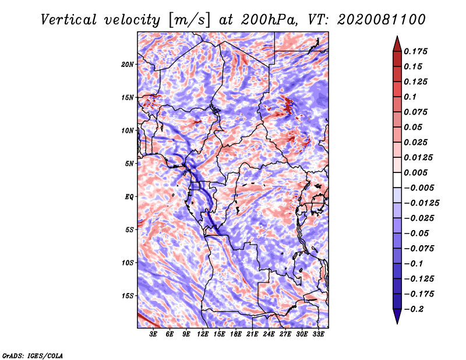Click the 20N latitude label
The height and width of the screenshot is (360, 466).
click(128, 64)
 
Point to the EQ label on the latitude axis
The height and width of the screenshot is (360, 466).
click(129, 197)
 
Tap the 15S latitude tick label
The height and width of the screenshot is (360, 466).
click(128, 296)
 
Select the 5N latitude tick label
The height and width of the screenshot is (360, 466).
click(129, 164)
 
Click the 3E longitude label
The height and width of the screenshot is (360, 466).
click(153, 334)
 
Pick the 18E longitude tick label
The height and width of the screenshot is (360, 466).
click(236, 334)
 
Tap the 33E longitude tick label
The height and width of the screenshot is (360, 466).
click(318, 334)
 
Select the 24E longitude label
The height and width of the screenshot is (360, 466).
click(269, 334)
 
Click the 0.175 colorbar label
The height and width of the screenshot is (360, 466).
click(415, 51)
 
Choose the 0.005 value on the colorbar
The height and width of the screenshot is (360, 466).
click(415, 172)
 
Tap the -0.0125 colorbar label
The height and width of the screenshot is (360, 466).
click(422, 203)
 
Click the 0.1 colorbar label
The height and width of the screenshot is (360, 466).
click(410, 97)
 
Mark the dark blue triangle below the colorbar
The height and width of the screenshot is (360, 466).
click(397, 316)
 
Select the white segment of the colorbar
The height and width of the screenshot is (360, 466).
click(397, 180)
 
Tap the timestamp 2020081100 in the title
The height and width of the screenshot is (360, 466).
click(382, 20)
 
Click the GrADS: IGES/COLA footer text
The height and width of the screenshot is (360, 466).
click(33, 356)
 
